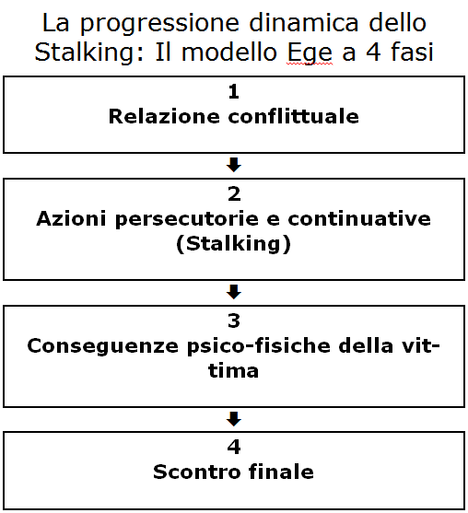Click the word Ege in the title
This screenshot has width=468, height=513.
click(310, 53)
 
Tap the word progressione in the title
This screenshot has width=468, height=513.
click(159, 24)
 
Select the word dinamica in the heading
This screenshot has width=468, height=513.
click(304, 23)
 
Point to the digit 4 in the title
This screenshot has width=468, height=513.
click(373, 52)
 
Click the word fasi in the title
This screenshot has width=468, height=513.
click(412, 52)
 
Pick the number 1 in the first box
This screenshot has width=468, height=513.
click(234, 91)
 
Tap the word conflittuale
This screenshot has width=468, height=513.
click(293, 116)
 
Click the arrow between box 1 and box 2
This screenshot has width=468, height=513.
click(234, 165)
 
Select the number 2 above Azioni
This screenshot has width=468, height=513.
click(234, 194)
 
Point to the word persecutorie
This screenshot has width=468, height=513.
click(187, 219)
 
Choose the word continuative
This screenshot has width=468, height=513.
click(359, 218)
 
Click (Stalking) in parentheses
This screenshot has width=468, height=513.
click(233, 244)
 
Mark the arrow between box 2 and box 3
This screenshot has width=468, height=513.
click(234, 292)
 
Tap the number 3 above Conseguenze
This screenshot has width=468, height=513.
click(234, 321)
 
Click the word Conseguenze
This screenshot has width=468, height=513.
click(103, 346)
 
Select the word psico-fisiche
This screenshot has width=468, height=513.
click(259, 345)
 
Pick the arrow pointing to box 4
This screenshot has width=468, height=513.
click(234, 419)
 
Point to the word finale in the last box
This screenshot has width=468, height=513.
click(281, 472)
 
